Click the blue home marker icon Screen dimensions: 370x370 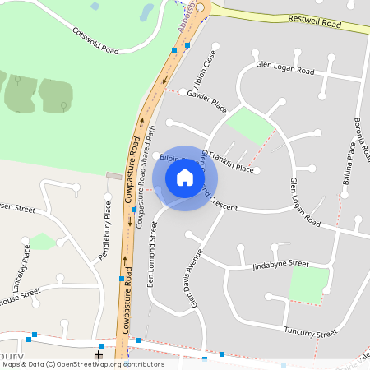(185, 178)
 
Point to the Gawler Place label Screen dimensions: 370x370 (206, 101)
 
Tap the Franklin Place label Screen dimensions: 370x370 (231, 161)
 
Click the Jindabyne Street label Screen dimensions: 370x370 (280, 266)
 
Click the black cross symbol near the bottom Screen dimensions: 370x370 (99, 354)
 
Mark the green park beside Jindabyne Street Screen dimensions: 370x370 (309, 284)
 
